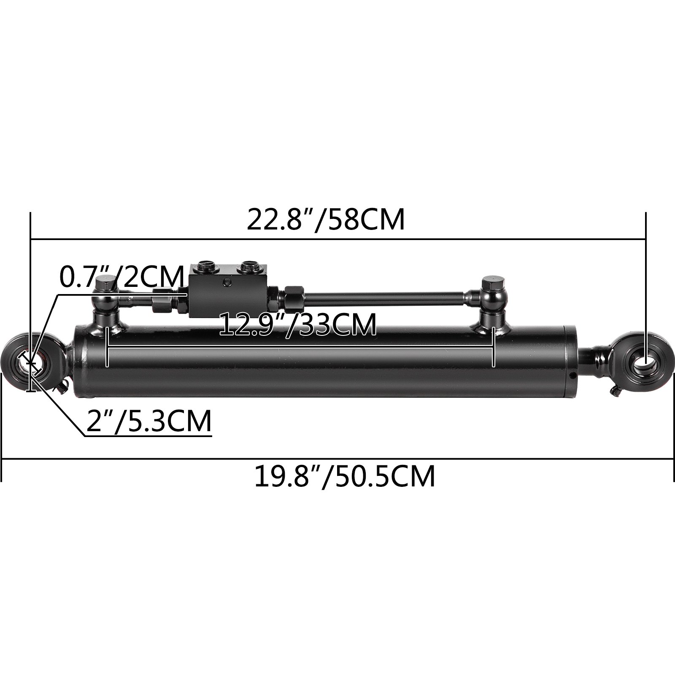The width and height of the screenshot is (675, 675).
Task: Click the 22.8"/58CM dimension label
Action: click(325, 220)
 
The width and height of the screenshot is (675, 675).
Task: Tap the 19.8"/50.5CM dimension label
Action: click(344, 476)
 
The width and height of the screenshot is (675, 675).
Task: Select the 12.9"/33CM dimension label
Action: click(298, 324)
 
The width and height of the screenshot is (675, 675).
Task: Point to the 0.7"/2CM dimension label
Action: click(121, 276)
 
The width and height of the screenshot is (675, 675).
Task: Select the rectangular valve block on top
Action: click(228, 291)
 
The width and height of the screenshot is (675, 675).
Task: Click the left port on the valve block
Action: click(207, 267)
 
